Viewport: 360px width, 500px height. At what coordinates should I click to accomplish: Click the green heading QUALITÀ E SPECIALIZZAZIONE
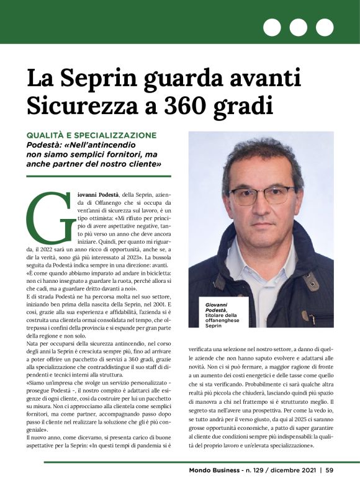click(91, 135)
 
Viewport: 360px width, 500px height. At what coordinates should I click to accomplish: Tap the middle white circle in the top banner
click(299, 27)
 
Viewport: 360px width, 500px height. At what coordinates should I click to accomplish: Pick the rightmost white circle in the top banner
click(325, 27)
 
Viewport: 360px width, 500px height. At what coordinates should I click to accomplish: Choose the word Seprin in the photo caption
click(213, 326)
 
